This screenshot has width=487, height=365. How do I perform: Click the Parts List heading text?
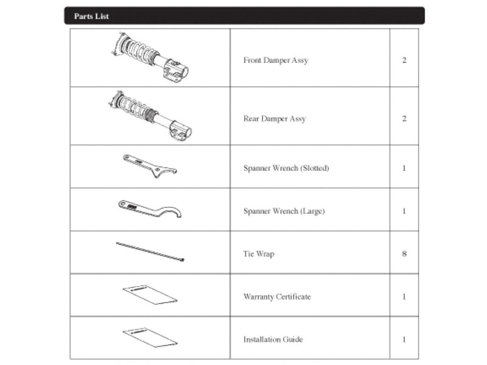91,16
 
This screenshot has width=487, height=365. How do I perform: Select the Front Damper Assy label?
275,60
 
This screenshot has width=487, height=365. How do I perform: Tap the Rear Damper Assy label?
274,119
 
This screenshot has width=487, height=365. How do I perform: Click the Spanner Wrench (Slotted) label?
286,168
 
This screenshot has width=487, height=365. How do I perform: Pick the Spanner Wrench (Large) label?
284,211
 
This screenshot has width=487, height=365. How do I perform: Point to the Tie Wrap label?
259,254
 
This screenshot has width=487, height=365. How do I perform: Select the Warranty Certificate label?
277,297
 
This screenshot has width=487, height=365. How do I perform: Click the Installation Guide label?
273,339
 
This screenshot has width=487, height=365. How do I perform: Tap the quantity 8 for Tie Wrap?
404,254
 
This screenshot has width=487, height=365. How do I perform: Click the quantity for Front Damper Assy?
404,60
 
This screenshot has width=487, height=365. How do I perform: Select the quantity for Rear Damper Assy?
404,119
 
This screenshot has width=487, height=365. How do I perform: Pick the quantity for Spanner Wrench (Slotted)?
404,168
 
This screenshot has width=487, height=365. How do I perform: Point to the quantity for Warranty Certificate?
404,297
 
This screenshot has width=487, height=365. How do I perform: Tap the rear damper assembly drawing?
150,116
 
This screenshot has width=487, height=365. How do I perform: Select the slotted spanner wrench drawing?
149,166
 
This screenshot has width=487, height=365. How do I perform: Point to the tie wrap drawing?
150,251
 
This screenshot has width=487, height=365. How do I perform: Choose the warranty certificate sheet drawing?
150,294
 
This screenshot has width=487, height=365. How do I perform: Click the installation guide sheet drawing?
150,336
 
